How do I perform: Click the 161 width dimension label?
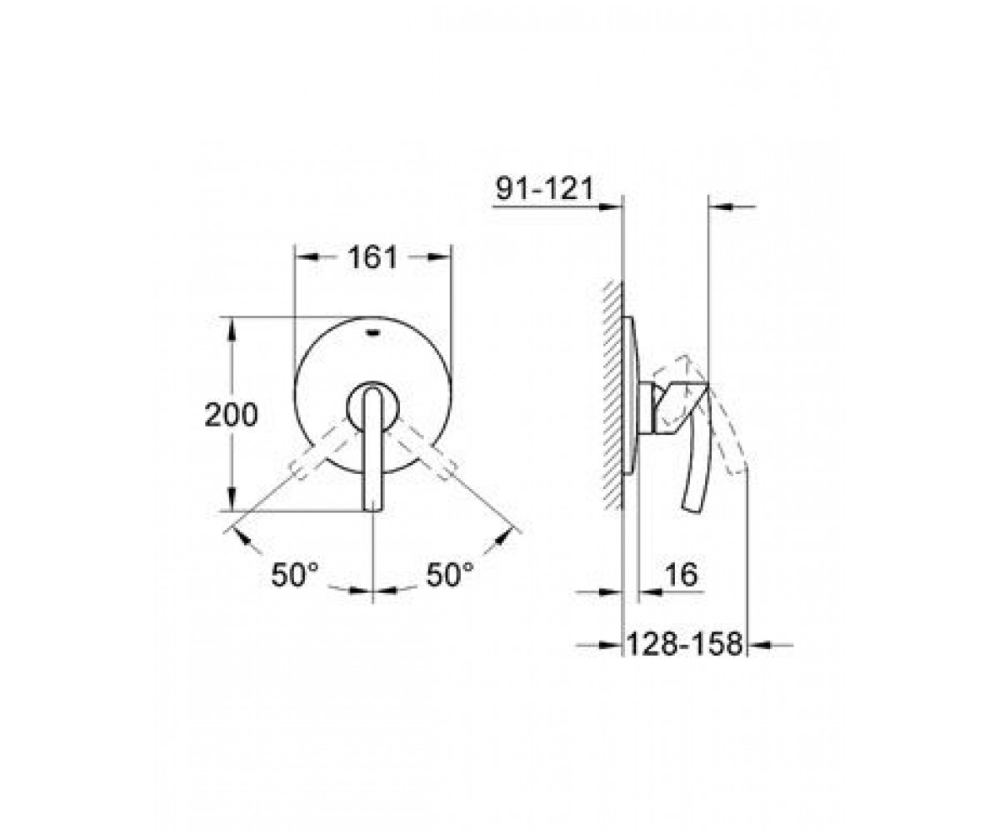(x=373, y=257)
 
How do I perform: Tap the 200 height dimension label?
(x=232, y=415)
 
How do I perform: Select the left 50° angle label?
(x=294, y=575)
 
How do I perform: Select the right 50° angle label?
(x=450, y=575)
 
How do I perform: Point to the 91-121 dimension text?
(x=544, y=188)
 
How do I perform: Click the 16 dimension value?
(x=682, y=575)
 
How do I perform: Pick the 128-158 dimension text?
(x=685, y=645)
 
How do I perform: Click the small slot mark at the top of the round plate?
(x=373, y=332)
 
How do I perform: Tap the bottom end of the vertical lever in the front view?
(x=373, y=511)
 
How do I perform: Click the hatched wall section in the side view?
(x=613, y=395)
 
